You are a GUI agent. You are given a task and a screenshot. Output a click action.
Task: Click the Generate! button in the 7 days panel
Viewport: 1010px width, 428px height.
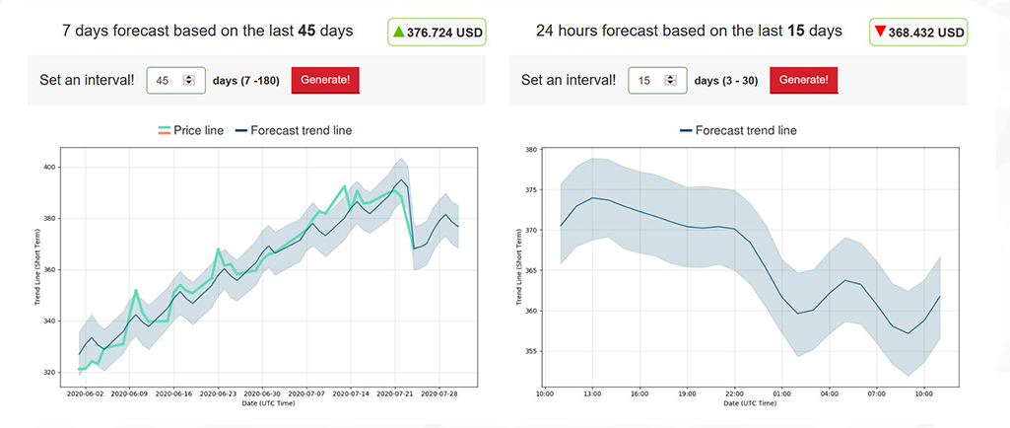pyautogui.click(x=325, y=80)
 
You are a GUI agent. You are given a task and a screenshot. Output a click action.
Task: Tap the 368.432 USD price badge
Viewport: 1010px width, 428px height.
pyautogui.click(x=918, y=33)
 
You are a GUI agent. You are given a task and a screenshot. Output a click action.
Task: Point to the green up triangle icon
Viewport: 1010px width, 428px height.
pyautogui.click(x=399, y=32)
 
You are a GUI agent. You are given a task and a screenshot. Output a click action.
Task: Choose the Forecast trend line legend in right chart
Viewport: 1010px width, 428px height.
pyautogui.click(x=739, y=130)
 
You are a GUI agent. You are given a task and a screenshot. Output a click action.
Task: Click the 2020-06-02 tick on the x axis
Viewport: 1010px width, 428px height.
pyautogui.click(x=85, y=393)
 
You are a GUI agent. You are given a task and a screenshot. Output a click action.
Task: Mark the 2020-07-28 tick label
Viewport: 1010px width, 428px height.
pyautogui.click(x=438, y=393)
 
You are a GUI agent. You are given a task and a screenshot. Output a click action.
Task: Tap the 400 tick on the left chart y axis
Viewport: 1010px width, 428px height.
pyautogui.click(x=50, y=167)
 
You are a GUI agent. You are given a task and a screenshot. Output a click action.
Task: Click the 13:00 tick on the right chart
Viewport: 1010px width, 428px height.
pyautogui.click(x=593, y=393)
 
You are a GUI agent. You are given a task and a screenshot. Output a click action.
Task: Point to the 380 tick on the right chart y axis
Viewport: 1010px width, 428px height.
pyautogui.click(x=529, y=150)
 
